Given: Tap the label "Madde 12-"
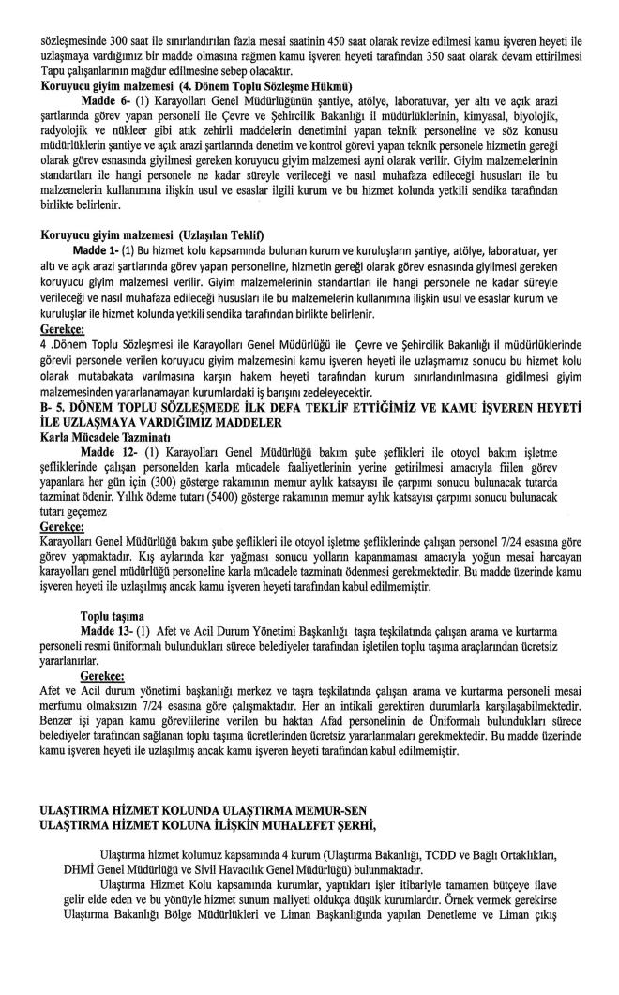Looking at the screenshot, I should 109,452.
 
